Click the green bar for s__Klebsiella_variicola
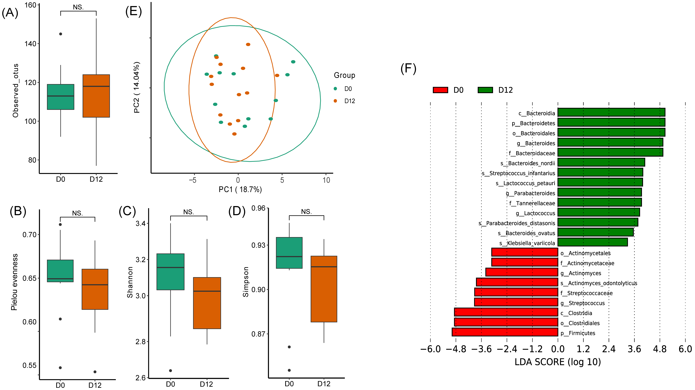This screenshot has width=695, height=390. coord(592,242)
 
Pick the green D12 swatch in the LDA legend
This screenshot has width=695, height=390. coord(485,90)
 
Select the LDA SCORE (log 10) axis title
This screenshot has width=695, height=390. coord(558,362)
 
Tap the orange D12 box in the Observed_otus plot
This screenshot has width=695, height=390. coord(96,96)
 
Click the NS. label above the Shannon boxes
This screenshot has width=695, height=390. coord(189,212)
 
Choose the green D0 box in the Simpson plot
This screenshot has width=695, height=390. coord(289,253)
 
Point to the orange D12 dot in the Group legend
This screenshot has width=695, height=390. coord(335,101)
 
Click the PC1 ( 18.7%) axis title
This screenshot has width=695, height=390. coord(240,190)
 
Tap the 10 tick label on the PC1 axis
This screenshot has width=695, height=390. coord(326,180)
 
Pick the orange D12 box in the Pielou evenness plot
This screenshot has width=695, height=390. coord(95,289)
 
